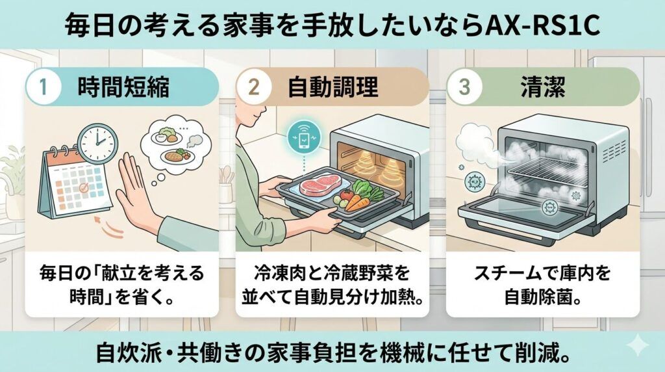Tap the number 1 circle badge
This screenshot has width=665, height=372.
coord(43,87)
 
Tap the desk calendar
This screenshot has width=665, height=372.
coord(70,182)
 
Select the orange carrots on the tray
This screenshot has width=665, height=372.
coord(357,202)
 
